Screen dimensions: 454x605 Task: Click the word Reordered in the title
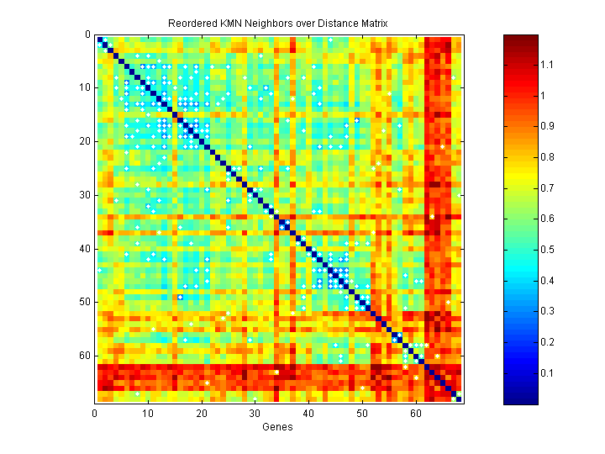pos(192,23)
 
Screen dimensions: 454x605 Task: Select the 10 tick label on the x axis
pos(148,413)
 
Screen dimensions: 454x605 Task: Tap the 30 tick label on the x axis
pos(255,413)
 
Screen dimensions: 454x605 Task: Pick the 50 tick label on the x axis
pos(362,413)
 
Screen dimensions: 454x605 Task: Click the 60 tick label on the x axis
pos(416,413)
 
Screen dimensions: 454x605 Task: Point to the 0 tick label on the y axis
pos(87,35)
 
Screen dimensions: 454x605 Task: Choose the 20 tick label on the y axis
pos(84,141)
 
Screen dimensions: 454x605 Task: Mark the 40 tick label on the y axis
pos(84,248)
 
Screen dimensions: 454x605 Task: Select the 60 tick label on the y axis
pos(84,355)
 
